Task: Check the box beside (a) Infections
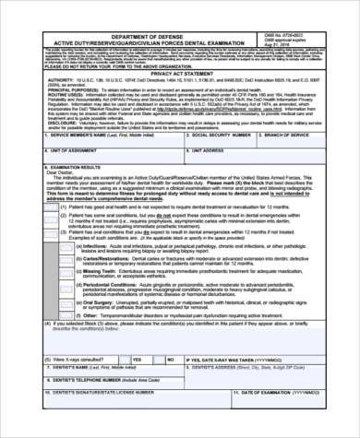pyautogui.click(x=77, y=246)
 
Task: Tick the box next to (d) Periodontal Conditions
pyautogui.click(x=77, y=287)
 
